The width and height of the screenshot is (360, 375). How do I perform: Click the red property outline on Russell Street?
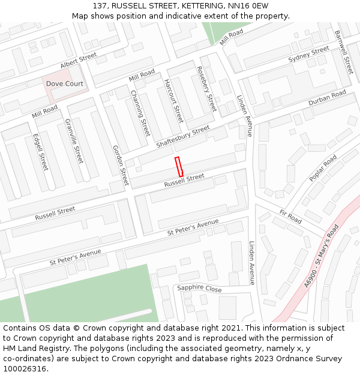tap(178, 166)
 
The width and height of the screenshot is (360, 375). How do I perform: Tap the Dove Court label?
tap(65, 84)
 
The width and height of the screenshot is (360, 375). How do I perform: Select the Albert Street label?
tap(79, 60)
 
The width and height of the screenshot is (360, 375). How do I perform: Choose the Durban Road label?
tap(327, 98)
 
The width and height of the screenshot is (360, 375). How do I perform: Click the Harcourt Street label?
tap(174, 101)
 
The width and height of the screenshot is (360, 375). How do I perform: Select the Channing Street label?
tap(140, 113)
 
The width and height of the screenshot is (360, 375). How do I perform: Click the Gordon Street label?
tap(121, 165)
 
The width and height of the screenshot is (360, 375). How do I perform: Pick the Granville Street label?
tap(74, 141)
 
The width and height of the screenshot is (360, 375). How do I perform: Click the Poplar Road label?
tap(323, 169)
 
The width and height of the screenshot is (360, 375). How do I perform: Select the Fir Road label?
tap(290, 217)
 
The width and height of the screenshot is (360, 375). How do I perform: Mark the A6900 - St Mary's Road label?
tap(322, 256)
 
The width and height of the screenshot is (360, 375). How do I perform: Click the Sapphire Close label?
tap(199, 289)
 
